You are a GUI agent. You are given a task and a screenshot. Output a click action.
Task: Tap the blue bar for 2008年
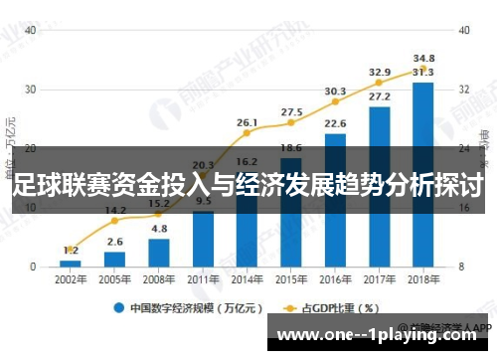pyautogui.click(x=159, y=253)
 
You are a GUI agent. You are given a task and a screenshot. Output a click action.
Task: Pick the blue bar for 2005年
pyautogui.click(x=114, y=259)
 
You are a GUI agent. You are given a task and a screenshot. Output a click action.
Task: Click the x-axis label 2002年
pyautogui.click(x=70, y=279)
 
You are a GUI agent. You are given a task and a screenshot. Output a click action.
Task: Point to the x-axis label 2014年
pyautogui.click(x=247, y=279)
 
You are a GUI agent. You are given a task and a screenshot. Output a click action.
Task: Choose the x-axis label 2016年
pyautogui.click(x=335, y=279)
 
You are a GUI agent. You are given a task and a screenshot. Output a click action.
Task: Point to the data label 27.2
pyautogui.click(x=379, y=96)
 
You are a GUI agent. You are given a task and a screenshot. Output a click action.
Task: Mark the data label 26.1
pyautogui.click(x=248, y=122)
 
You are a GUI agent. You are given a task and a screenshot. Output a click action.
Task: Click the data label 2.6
pyautogui.click(x=114, y=242)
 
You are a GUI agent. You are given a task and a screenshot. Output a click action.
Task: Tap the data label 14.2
pyautogui.click(x=114, y=210)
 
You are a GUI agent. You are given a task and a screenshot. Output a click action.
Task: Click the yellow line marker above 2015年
pyautogui.click(x=291, y=124)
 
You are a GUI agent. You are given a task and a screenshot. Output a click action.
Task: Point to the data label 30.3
pyautogui.click(x=335, y=91)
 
